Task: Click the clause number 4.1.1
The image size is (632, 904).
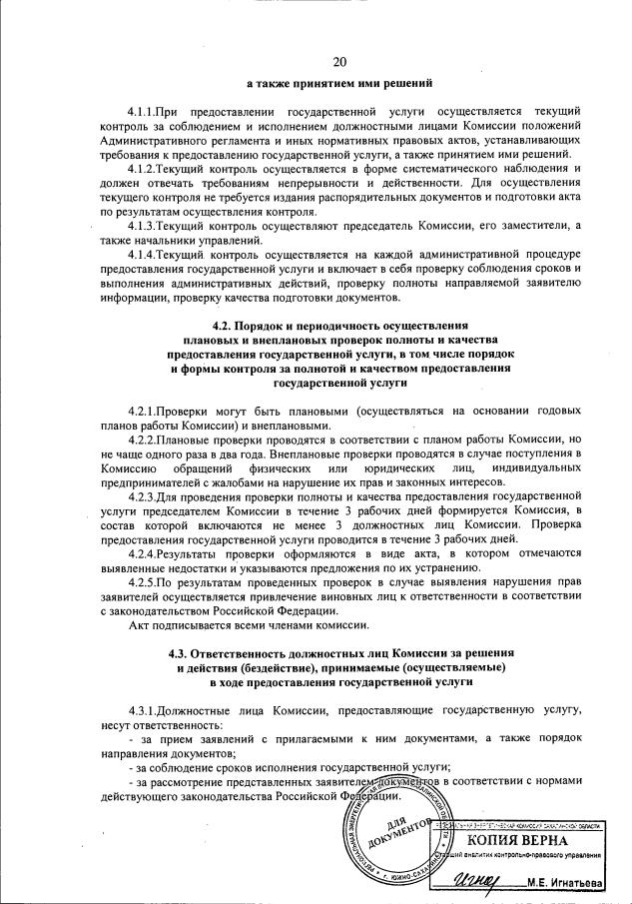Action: tap(145, 107)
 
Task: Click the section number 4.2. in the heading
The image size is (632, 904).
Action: tap(227, 327)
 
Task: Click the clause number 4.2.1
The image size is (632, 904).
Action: tap(145, 413)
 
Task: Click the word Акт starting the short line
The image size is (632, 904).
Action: tap(140, 625)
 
